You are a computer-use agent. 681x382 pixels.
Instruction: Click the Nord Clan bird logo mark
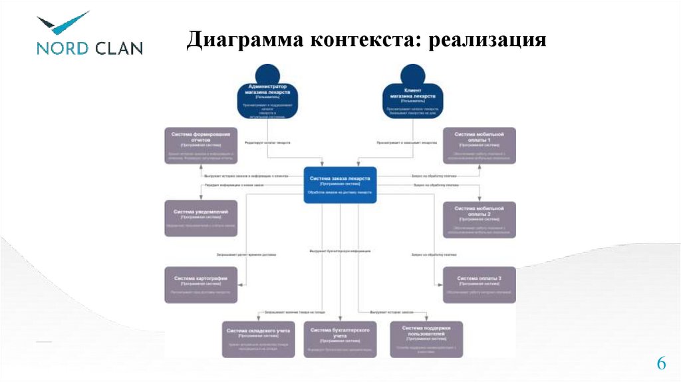tap(63, 23)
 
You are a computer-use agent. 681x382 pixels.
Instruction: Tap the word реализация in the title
tap(487, 41)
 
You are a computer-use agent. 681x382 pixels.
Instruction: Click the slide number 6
tap(661, 363)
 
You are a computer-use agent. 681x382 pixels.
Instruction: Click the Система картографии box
tap(200, 284)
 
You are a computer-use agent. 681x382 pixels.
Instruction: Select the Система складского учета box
tap(259, 339)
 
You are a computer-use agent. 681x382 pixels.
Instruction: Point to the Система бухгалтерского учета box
tap(340, 339)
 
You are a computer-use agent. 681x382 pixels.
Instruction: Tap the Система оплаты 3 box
tap(479, 284)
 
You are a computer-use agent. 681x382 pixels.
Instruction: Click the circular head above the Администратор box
tap(267, 74)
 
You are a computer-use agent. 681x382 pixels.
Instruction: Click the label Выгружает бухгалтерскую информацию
tap(340, 251)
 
